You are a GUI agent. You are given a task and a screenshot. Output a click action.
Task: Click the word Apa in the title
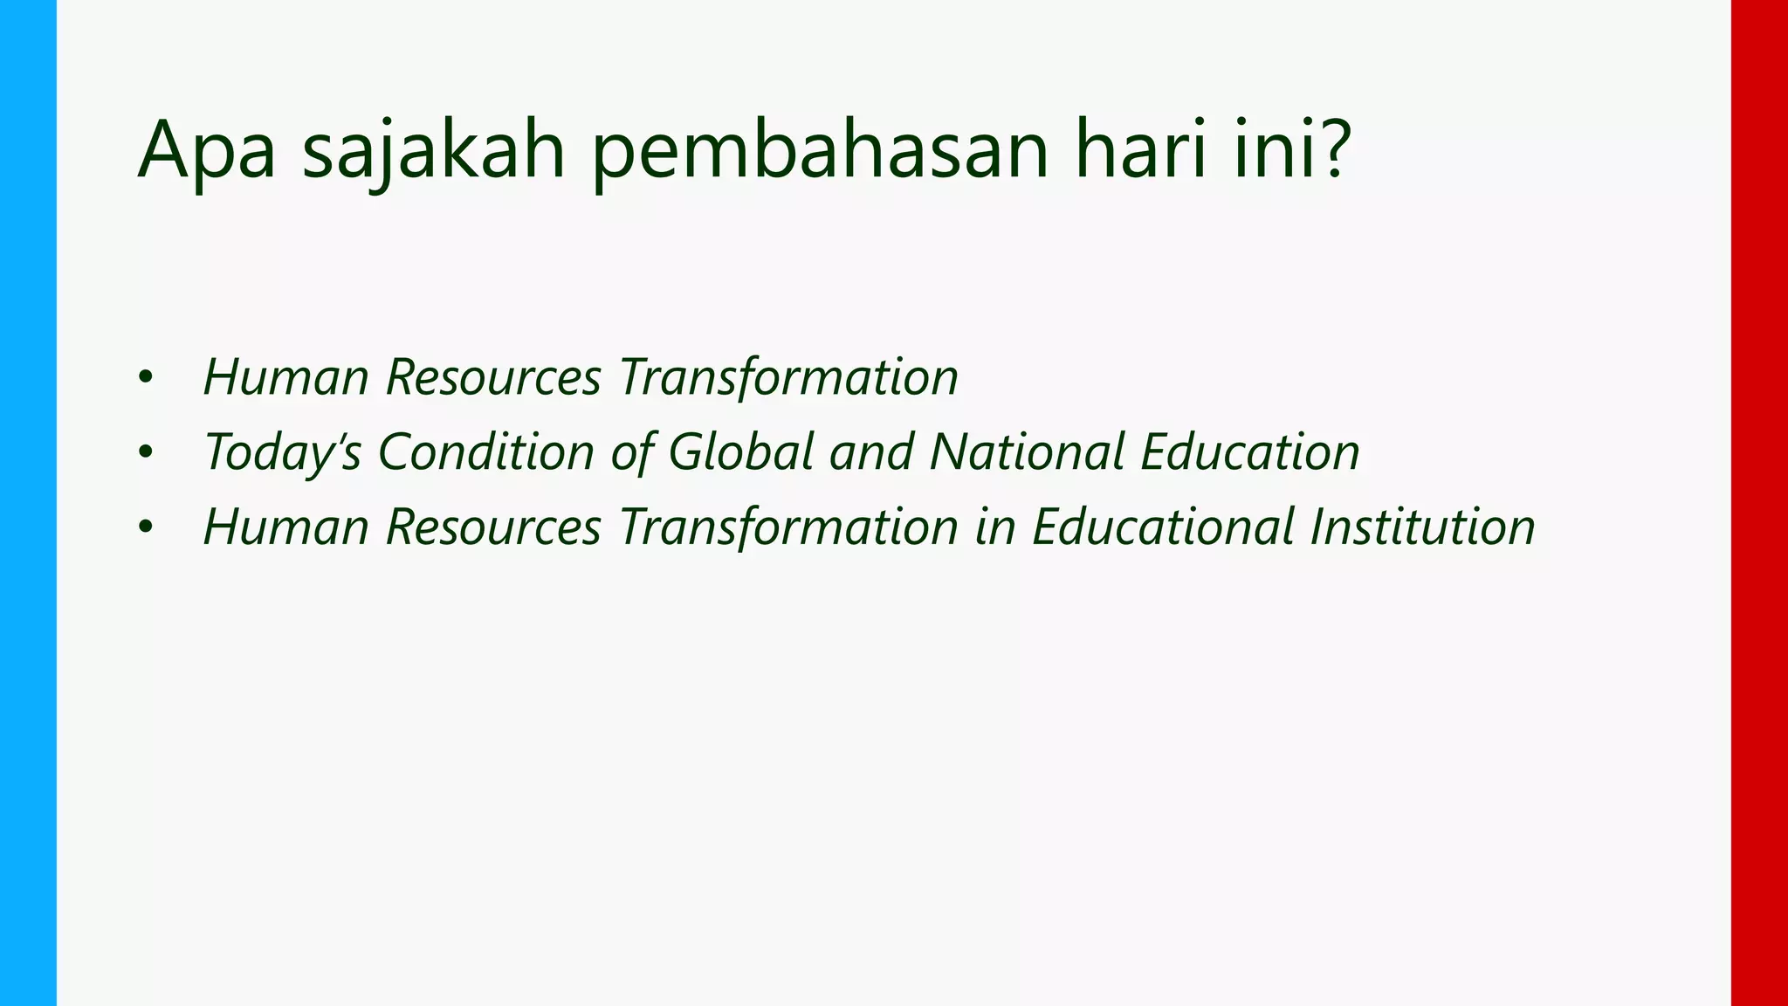(207, 150)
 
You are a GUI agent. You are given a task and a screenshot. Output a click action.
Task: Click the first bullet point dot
(145, 378)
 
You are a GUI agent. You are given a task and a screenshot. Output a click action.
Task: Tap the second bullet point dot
(145, 453)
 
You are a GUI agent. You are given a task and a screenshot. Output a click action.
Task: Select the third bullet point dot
(145, 527)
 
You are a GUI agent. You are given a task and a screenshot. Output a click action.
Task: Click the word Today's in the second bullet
(282, 452)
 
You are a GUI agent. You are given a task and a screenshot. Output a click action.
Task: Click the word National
(1027, 451)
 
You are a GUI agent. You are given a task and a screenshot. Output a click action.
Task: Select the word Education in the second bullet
(1249, 451)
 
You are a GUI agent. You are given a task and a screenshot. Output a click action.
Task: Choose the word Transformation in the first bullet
(788, 377)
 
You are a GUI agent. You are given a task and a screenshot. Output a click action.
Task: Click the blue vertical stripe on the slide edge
(28, 503)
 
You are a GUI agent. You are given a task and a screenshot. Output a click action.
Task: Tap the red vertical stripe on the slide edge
(1759, 503)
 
